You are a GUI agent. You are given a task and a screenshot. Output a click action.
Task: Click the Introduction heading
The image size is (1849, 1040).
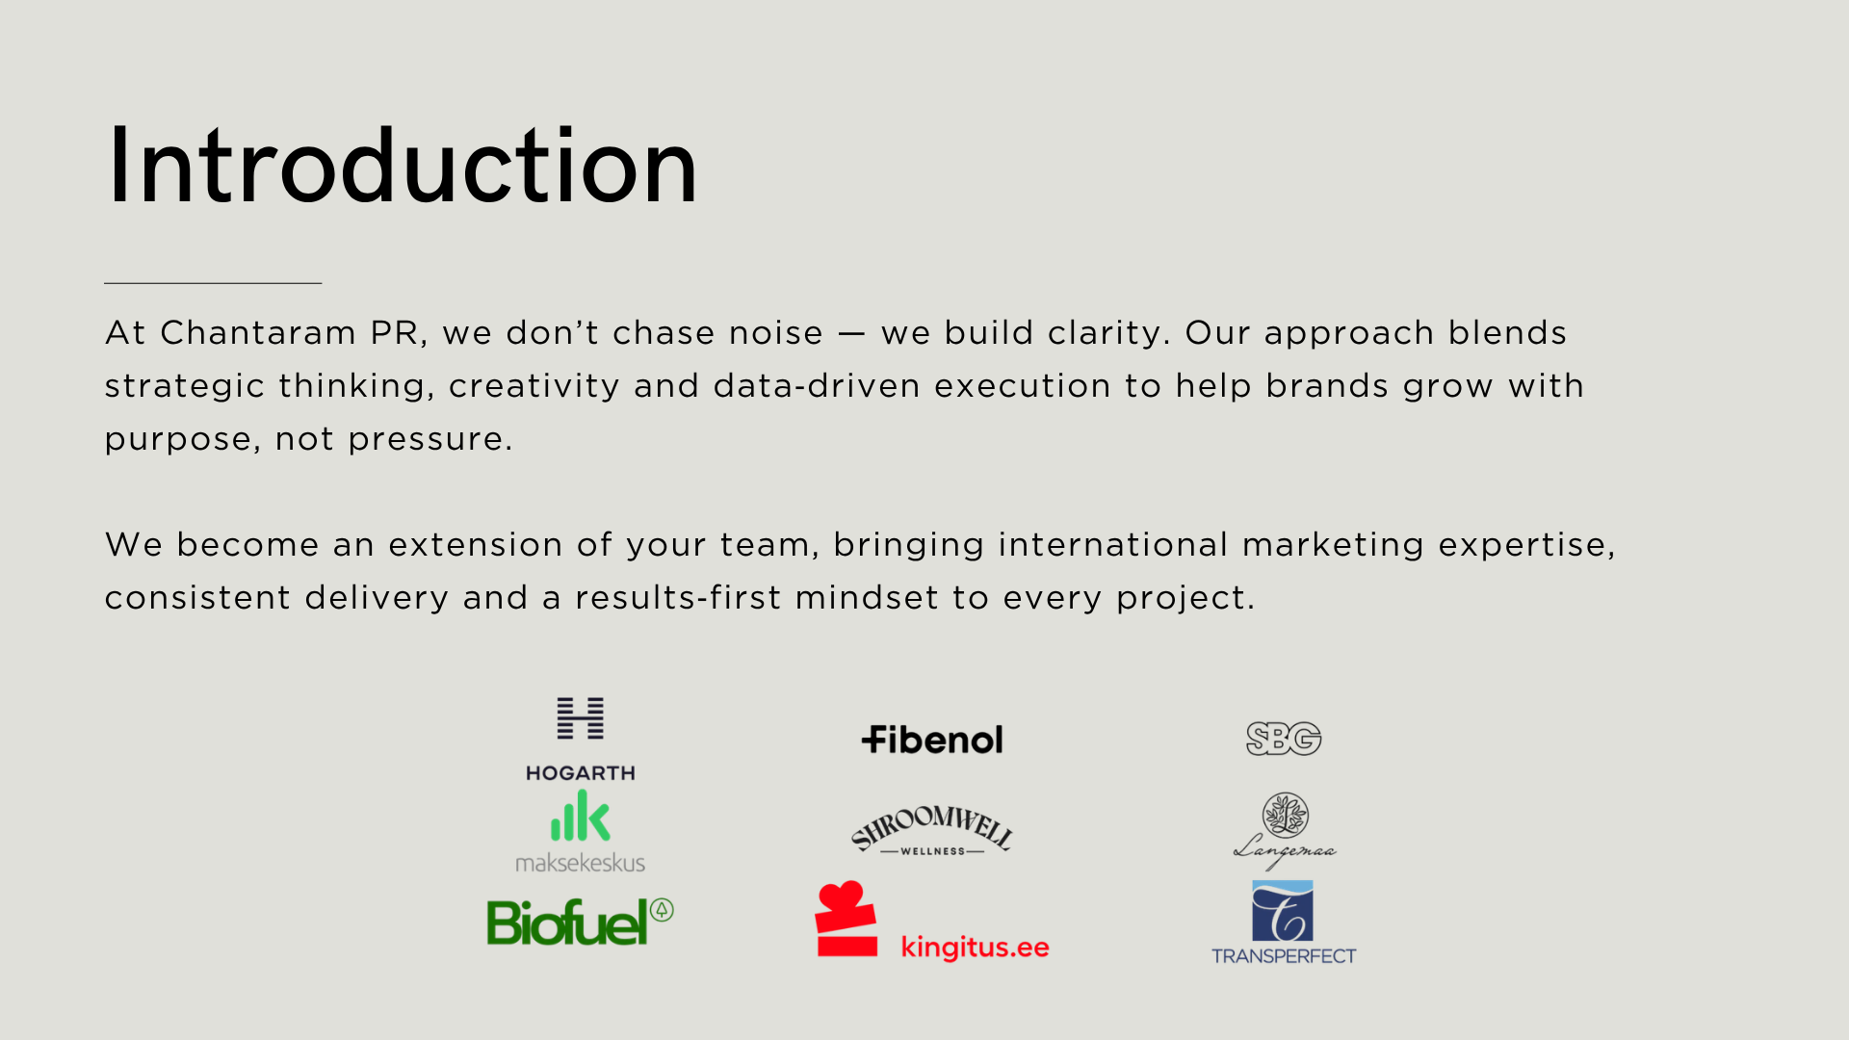click(402, 166)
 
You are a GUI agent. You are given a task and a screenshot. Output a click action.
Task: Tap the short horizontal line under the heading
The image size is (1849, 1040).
click(213, 283)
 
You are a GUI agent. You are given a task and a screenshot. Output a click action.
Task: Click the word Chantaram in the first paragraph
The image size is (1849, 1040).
click(258, 332)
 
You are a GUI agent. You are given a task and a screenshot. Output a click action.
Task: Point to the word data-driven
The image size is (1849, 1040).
click(816, 386)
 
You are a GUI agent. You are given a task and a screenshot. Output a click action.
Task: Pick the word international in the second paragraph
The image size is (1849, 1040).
click(1113, 545)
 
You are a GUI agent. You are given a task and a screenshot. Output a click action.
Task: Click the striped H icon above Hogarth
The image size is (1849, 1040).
click(581, 718)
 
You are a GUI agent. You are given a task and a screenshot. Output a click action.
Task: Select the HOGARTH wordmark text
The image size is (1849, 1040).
click(581, 773)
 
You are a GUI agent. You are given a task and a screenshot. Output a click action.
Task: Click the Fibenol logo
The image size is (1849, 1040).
click(932, 740)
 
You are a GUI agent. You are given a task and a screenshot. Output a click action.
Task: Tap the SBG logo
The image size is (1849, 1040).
click(1284, 740)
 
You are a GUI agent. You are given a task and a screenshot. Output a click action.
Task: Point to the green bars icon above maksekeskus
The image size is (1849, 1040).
click(581, 816)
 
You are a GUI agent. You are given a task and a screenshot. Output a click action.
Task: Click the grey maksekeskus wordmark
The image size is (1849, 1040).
click(581, 863)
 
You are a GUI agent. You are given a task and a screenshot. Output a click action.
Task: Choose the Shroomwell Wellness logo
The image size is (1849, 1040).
click(932, 831)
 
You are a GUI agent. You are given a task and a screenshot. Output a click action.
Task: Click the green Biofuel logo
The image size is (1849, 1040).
click(581, 923)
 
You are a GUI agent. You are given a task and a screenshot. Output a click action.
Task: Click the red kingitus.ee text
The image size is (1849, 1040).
click(976, 948)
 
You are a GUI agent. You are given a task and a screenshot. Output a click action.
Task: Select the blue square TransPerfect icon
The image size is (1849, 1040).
click(1283, 911)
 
